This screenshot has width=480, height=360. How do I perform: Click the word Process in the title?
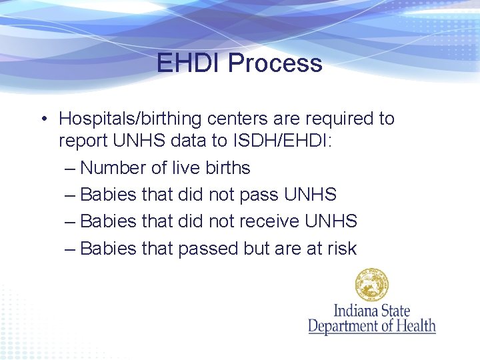tap(275, 63)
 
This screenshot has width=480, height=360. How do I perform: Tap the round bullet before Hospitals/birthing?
tap(42, 119)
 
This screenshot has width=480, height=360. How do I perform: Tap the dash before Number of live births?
tap(70, 168)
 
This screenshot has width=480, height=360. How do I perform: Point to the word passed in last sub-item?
tap(207, 249)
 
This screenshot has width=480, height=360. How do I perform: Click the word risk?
tap(342, 249)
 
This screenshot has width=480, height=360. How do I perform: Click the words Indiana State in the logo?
tap(371, 310)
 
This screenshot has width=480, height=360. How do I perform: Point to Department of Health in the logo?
tap(371, 326)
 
